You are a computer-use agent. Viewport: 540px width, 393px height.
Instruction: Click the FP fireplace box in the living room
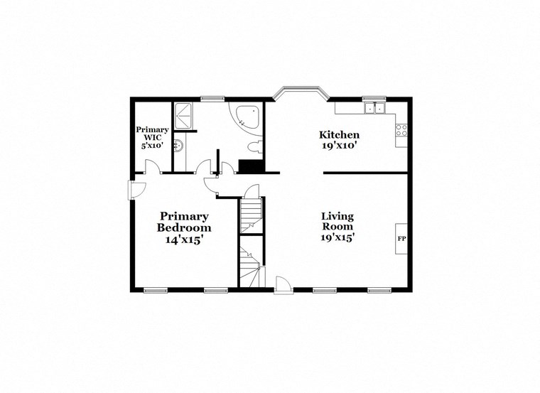click(x=401, y=238)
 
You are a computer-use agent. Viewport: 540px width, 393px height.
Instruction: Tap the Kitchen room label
click(x=339, y=134)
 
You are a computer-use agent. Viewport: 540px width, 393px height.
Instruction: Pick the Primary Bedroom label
click(x=184, y=222)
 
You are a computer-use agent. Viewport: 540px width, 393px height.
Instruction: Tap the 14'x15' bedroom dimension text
click(x=184, y=240)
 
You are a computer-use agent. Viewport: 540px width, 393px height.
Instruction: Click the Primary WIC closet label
click(x=152, y=133)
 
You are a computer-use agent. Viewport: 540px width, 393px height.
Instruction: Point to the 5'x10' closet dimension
click(x=152, y=146)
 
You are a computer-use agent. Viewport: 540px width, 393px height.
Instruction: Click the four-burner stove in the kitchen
click(x=401, y=130)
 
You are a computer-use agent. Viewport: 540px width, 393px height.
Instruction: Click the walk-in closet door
click(x=152, y=168)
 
